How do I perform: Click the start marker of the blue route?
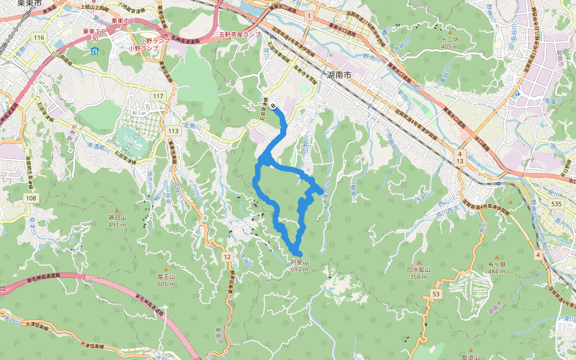click(x=274, y=106)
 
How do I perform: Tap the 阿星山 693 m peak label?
click(x=299, y=266)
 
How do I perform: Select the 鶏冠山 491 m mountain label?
click(x=116, y=221)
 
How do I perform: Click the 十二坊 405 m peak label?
click(x=449, y=43)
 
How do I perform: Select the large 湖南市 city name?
click(x=340, y=75)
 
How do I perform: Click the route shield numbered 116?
click(x=40, y=38)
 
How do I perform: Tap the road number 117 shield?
click(x=158, y=96)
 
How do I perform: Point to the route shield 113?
click(x=174, y=131)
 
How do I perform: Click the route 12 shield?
click(x=226, y=257)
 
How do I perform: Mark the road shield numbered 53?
click(x=436, y=293)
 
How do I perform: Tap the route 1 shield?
click(x=308, y=14)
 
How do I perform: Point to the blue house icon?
click(x=95, y=51)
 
